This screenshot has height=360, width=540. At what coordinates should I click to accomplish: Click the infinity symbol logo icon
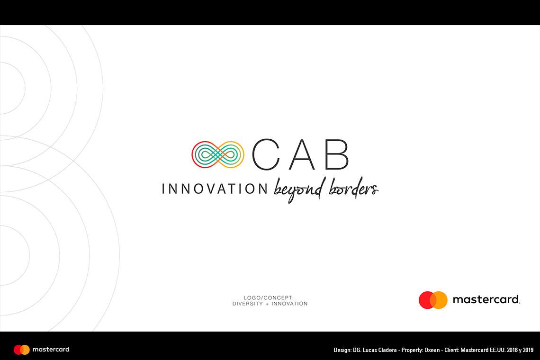tap(217, 155)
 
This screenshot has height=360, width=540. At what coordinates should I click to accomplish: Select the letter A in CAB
tap(302, 155)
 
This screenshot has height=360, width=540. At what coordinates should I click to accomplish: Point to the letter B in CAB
tap(336, 155)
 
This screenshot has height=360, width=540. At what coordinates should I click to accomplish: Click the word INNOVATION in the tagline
tap(215, 189)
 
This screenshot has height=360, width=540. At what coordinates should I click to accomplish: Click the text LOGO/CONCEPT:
tap(269, 297)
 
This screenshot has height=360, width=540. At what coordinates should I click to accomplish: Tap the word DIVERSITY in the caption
tap(248, 304)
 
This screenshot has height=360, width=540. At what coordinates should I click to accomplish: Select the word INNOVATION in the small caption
tap(289, 304)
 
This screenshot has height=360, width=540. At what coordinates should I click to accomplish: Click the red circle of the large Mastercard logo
tap(427, 300)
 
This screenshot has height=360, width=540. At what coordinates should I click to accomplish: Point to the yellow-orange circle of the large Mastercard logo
tap(439, 300)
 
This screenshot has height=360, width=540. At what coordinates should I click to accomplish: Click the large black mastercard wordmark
tap(486, 299)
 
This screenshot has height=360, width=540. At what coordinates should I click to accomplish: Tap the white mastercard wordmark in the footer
tap(51, 350)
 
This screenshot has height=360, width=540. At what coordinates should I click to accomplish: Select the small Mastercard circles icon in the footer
tap(22, 350)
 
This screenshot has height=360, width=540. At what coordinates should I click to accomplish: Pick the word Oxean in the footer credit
tap(432, 350)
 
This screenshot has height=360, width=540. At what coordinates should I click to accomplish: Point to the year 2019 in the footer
tap(528, 350)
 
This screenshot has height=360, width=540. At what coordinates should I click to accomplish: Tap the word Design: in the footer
tap(342, 351)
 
